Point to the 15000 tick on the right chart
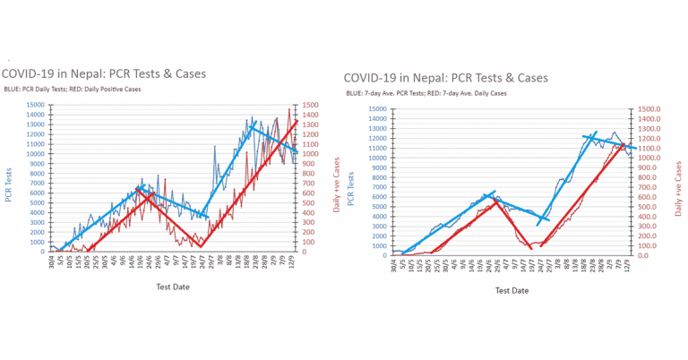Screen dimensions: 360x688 click(x=377, y=110)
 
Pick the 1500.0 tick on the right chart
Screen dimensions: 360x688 click(x=652, y=110)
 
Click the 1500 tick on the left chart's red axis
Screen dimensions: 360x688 click(x=315, y=105)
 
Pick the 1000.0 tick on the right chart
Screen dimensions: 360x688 click(x=652, y=159)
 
